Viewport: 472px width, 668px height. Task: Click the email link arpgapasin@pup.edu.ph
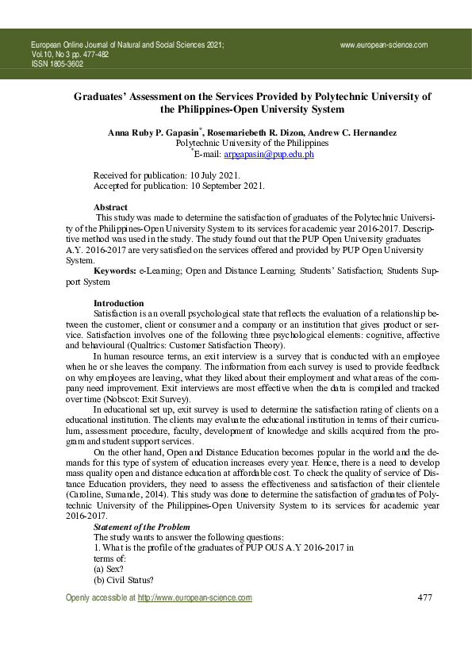(269, 155)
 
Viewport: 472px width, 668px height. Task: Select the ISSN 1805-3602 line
(57, 64)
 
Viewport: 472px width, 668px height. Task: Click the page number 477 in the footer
(424, 597)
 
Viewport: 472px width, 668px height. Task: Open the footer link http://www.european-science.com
(195, 598)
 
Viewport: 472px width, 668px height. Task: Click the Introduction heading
(119, 304)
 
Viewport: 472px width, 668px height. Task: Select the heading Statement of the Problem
(143, 527)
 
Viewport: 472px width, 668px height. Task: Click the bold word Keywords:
(115, 271)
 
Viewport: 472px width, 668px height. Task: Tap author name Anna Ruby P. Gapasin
(156, 132)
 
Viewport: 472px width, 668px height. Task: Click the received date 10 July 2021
(212, 175)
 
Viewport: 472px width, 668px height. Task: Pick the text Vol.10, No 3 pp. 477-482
(71, 55)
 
